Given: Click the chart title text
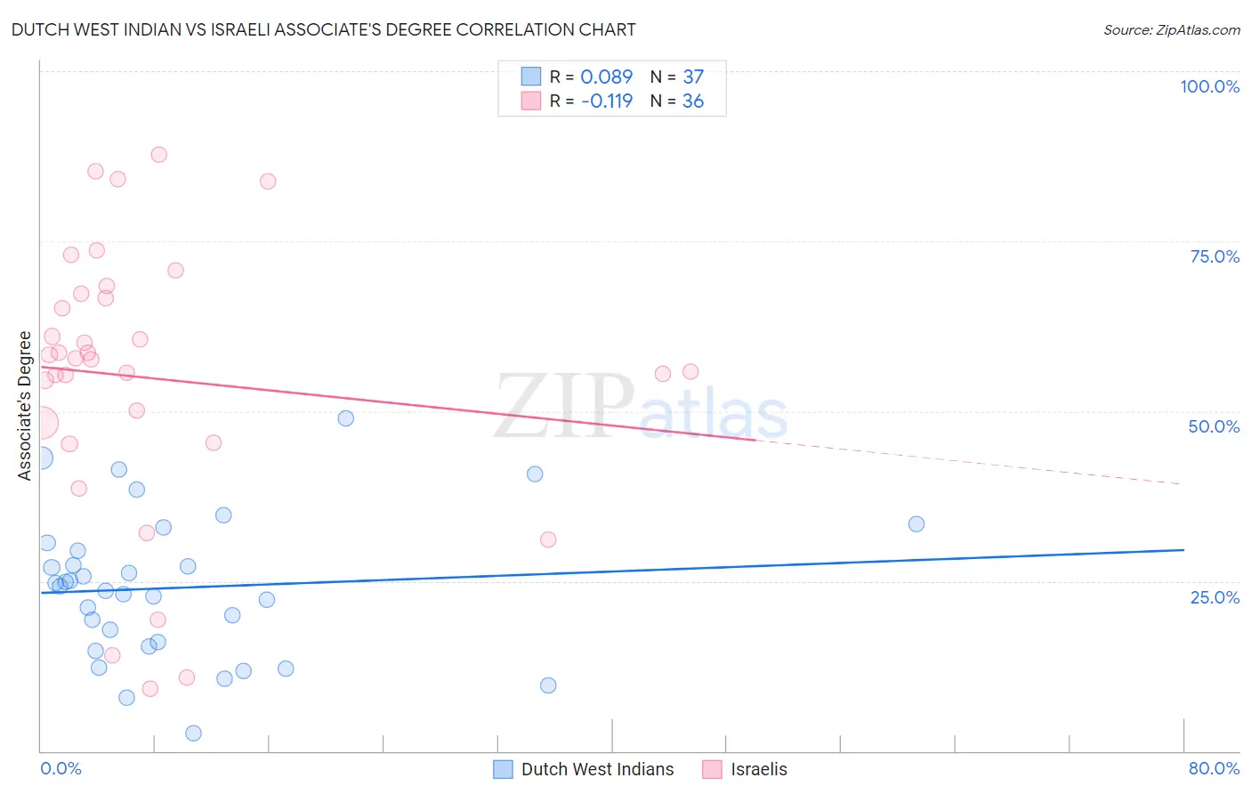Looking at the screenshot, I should click(323, 29).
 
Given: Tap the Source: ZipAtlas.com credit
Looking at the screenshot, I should click(1172, 30).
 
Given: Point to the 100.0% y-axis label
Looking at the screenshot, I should click(1209, 86).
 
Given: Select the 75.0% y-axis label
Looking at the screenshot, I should click(1215, 256).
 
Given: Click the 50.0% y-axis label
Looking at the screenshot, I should click(1214, 426).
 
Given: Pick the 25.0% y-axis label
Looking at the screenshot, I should click(1215, 596).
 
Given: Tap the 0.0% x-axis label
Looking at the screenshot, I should click(61, 768).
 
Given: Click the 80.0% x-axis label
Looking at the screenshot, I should click(1214, 768).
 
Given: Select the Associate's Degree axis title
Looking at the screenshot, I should click(25, 406).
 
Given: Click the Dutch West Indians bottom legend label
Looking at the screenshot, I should click(597, 769).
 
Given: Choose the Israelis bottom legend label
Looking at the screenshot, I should click(759, 769).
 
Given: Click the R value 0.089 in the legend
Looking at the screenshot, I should click(606, 77).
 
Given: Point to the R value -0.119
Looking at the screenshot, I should click(606, 101).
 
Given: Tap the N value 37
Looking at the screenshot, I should click(693, 77).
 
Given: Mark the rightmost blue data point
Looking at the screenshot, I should click(916, 524).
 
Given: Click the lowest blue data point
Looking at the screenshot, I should click(193, 733).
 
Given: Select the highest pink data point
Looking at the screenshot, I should click(159, 155).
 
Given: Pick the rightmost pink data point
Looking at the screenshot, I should click(690, 372).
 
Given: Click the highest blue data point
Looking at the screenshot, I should click(346, 418).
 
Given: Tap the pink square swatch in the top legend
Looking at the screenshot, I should click(531, 101).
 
